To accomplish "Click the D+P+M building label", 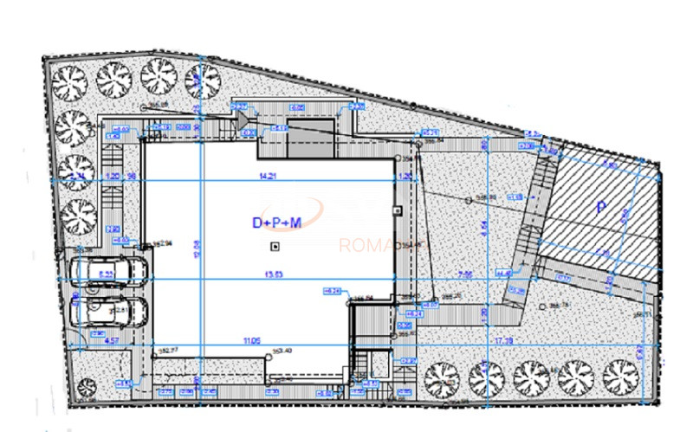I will [276, 223].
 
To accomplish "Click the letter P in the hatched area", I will [599, 207].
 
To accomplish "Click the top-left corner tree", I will [68, 82].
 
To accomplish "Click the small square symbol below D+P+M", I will [275, 247].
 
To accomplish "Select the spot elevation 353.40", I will [282, 351].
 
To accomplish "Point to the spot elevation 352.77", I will [170, 351].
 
